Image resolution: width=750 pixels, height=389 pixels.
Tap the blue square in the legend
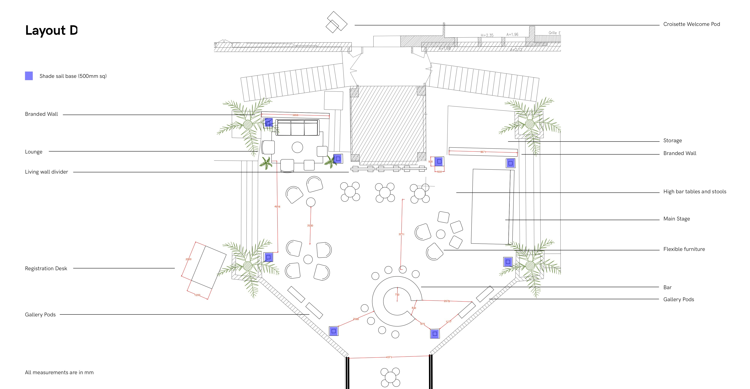click(29, 76)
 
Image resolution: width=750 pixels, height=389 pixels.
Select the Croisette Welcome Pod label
click(691, 24)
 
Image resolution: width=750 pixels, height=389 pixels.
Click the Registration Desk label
click(46, 268)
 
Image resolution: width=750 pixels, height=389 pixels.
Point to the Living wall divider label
click(46, 172)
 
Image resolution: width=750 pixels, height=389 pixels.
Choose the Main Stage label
click(676, 219)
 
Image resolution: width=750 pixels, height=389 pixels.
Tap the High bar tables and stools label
click(695, 191)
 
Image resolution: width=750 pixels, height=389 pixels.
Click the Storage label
click(672, 140)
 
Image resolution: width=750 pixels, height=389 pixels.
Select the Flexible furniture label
click(684, 249)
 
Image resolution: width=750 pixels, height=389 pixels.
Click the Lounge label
click(34, 152)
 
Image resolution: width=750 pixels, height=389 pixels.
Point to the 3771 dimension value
click(401, 234)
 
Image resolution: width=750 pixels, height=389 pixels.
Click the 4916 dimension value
click(277, 207)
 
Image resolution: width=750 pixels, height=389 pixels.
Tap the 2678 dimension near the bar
click(447, 301)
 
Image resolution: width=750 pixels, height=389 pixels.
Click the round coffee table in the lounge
click(297, 147)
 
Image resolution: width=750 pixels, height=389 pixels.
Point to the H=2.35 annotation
click(487, 35)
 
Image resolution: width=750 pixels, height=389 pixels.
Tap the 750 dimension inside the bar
click(397, 295)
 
